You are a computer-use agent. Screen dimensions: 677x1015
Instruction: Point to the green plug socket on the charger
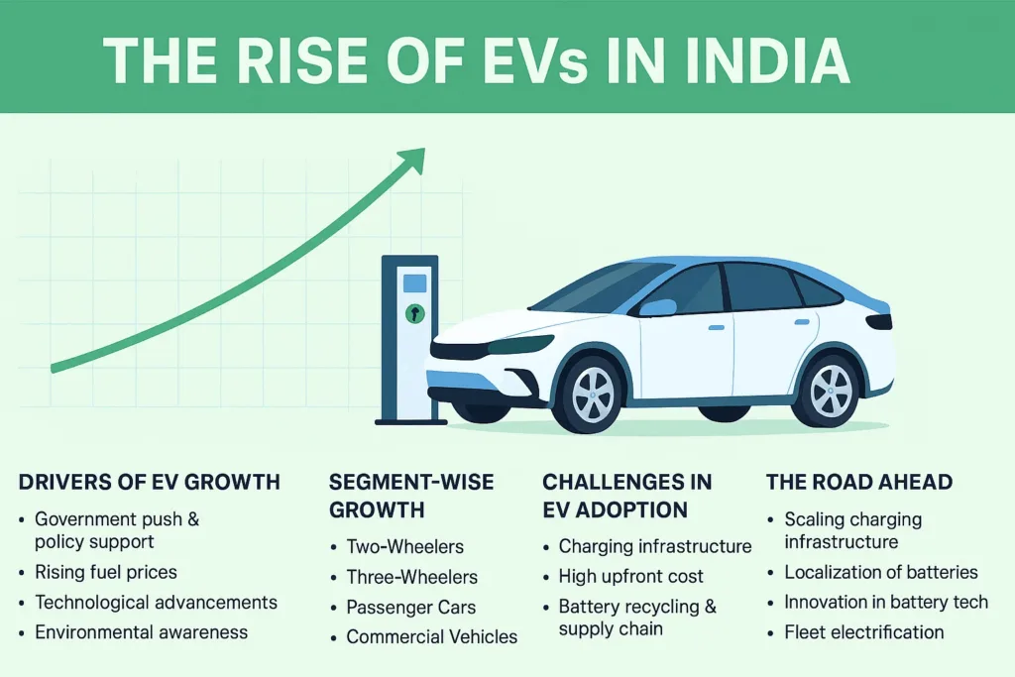click(x=414, y=314)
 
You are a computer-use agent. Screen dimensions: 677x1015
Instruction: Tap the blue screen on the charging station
click(x=414, y=282)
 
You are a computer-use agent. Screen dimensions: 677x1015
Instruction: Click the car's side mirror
click(x=657, y=307)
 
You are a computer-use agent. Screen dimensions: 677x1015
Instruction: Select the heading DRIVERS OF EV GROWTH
click(x=150, y=483)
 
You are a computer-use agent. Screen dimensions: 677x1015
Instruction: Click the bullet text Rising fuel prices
click(x=106, y=572)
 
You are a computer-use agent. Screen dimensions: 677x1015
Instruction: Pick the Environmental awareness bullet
click(x=141, y=631)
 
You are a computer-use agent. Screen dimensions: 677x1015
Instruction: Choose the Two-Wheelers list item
click(x=404, y=546)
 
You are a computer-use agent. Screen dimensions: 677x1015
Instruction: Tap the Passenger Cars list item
click(x=410, y=607)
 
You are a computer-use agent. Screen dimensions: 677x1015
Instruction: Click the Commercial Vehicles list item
click(x=431, y=636)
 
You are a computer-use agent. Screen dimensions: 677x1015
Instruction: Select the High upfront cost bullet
click(x=630, y=576)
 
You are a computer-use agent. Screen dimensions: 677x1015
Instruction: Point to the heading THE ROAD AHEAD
click(x=859, y=483)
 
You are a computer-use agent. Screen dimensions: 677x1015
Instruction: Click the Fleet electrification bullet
click(x=863, y=631)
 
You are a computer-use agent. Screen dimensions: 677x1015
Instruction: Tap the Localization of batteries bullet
click(x=880, y=572)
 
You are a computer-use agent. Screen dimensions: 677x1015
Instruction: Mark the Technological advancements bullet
click(x=156, y=602)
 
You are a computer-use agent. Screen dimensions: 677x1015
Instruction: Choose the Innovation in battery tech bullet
click(x=885, y=602)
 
